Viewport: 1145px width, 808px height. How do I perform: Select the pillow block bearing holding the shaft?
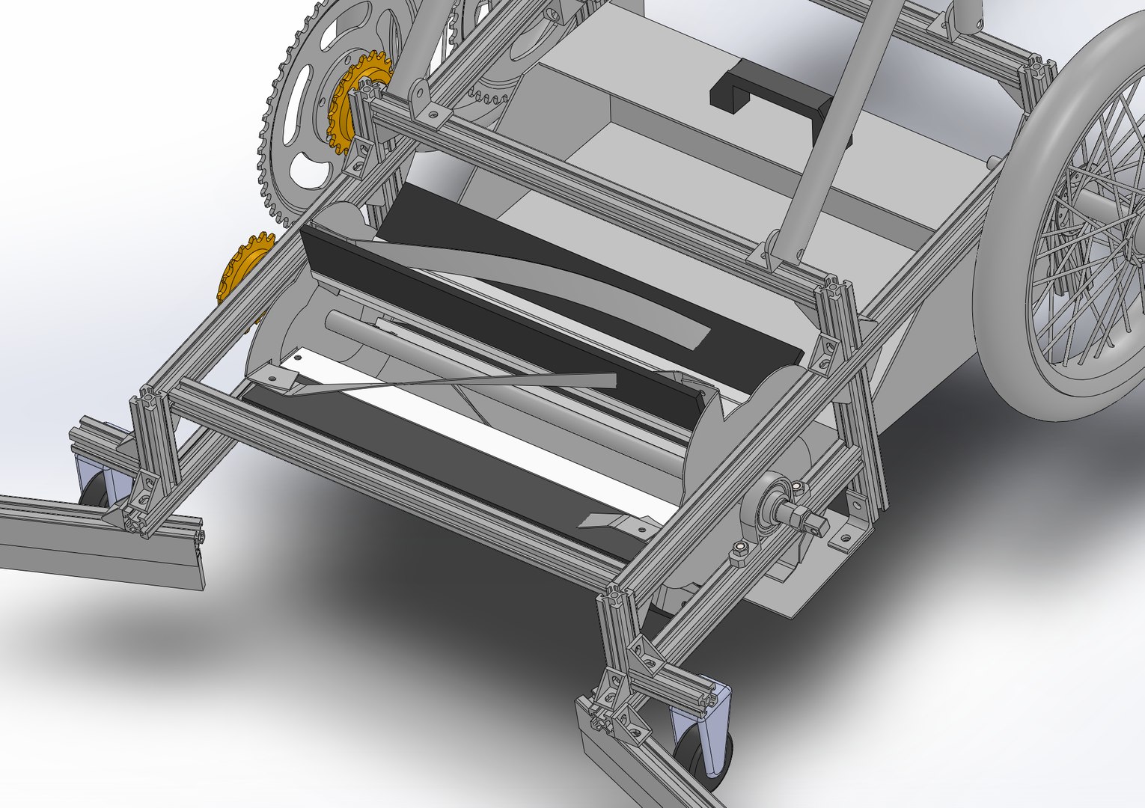coord(775,505)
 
